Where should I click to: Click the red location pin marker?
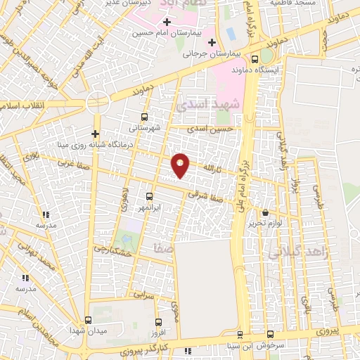(x=181, y=165)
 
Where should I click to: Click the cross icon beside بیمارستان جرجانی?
(x=191, y=53)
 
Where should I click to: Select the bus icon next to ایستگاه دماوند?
(x=264, y=59)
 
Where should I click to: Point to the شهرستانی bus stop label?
(x=145, y=128)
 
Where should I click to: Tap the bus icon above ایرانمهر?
(x=148, y=197)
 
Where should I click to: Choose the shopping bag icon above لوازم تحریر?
(x=265, y=213)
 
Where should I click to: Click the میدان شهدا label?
(x=88, y=330)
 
